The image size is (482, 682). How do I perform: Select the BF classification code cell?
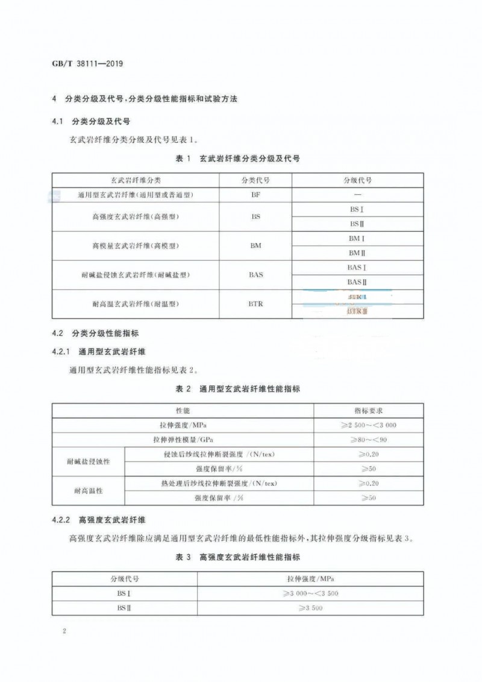click(x=255, y=195)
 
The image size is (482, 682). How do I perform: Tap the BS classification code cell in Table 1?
click(x=255, y=217)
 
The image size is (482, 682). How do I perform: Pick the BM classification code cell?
click(x=255, y=246)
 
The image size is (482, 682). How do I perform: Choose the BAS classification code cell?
click(x=255, y=275)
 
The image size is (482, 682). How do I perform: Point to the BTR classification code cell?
click(x=255, y=304)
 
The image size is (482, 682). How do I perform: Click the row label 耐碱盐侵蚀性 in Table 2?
click(x=89, y=461)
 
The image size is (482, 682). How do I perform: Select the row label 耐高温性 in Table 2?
click(x=89, y=490)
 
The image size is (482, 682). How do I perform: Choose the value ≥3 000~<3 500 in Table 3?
click(x=310, y=593)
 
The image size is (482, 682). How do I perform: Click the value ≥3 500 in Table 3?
click(x=310, y=608)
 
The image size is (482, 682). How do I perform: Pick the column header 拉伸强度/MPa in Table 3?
click(x=310, y=578)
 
